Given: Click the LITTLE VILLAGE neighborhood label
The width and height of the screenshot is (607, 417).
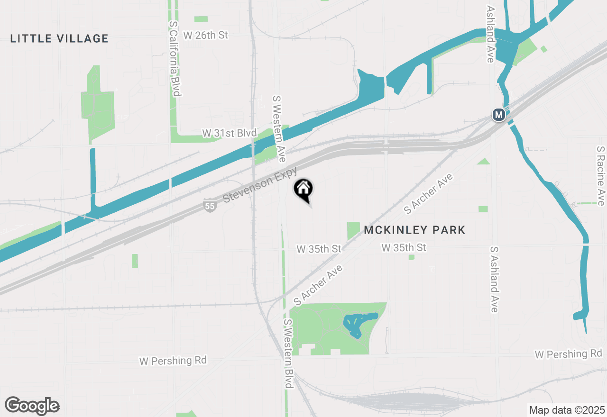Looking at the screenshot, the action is click(59, 38).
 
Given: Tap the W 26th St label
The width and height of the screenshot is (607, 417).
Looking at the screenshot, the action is click(205, 35).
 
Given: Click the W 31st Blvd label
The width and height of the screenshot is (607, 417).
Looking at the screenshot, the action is click(229, 133).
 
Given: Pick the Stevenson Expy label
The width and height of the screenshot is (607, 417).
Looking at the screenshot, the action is click(260, 184).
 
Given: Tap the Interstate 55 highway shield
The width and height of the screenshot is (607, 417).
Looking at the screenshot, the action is click(209, 206).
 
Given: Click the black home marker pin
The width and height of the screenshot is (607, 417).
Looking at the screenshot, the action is click(303, 190).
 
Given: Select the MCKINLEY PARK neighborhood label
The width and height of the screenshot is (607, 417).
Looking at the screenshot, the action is click(415, 230).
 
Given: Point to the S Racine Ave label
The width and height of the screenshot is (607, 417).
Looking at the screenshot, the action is click(601, 175).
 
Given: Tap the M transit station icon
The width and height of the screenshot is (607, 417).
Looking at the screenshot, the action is click(498, 115).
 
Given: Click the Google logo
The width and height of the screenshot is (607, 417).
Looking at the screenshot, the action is click(32, 406).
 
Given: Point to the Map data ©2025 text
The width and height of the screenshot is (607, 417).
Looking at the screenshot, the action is click(567, 410).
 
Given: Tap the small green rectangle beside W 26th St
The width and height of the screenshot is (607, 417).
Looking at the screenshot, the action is click(201, 19).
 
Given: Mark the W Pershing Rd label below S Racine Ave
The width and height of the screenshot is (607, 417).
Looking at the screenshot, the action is click(568, 354).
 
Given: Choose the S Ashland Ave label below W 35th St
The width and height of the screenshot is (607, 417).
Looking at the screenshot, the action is click(494, 279).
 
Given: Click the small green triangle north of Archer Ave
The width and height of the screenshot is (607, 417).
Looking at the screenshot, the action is click(484, 162).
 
